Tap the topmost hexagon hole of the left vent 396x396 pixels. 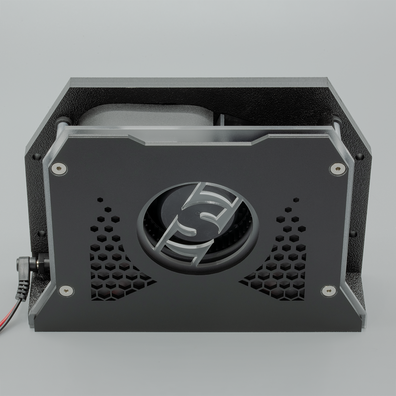pos(100,199)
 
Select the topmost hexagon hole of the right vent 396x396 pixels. pos(296,199)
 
